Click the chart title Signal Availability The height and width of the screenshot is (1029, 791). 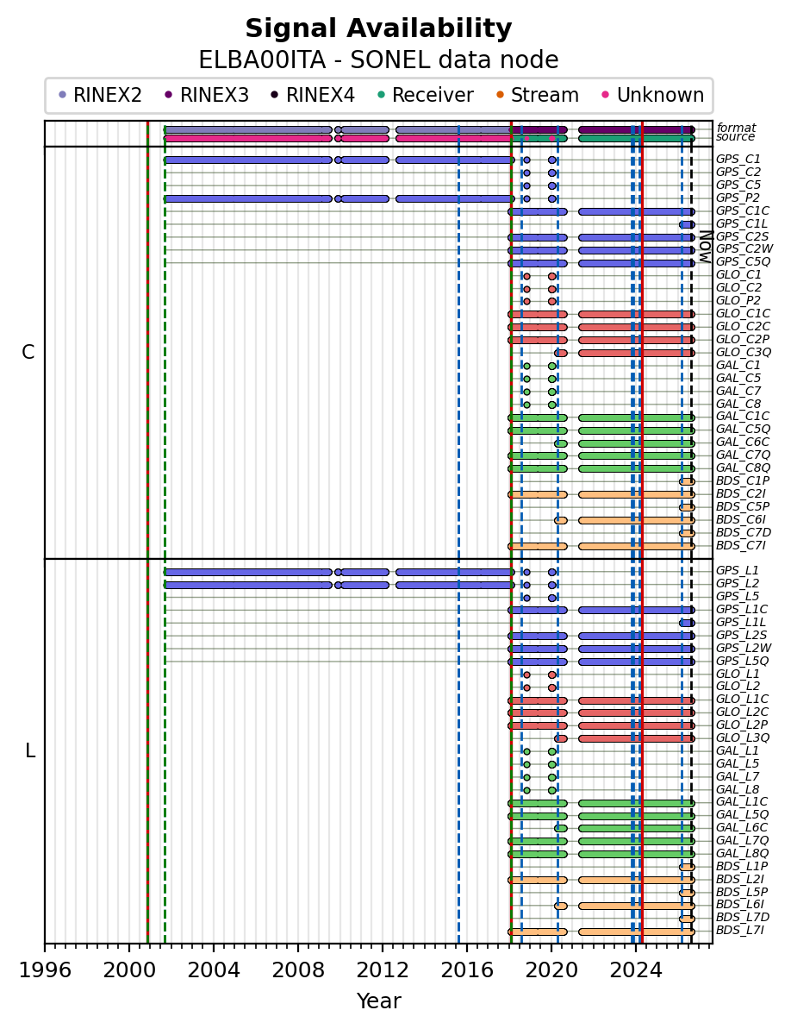[378, 28]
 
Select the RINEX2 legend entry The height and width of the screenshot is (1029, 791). [100, 95]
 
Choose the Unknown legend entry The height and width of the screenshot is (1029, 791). [653, 95]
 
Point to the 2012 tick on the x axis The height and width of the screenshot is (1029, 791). [382, 944]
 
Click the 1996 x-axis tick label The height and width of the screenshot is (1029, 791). [45, 969]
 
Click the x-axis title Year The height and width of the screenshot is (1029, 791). [379, 1001]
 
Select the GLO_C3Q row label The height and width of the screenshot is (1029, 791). [743, 353]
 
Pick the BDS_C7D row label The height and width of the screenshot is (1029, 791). [743, 532]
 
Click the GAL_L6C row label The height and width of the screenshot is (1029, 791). [742, 827]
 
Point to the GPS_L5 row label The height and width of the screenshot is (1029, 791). [738, 596]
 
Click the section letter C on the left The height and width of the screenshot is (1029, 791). [28, 353]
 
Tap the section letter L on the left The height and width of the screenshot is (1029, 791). [29, 750]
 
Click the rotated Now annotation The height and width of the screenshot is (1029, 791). [705, 246]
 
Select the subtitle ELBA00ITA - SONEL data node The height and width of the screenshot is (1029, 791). [378, 60]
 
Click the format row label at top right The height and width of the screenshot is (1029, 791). [736, 128]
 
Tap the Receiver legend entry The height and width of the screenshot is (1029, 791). [426, 95]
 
